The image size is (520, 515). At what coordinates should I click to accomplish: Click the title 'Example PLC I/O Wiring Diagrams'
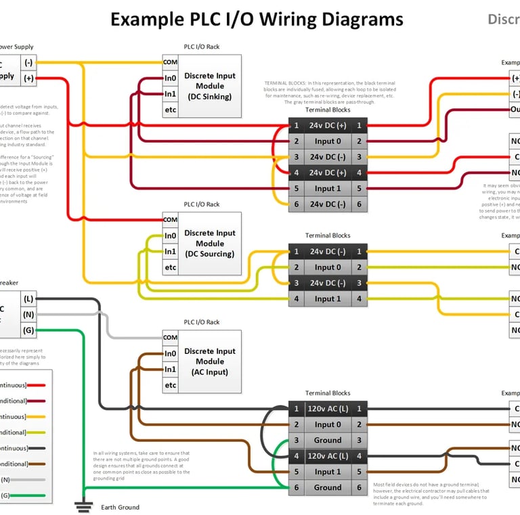point(257,19)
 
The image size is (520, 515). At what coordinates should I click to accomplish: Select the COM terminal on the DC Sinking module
point(170,62)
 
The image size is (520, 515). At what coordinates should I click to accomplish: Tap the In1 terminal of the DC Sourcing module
point(170,251)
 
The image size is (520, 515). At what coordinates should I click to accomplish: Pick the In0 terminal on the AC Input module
point(170,353)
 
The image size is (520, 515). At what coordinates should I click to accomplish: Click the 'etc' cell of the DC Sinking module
point(170,110)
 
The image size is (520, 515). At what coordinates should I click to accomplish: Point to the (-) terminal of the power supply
point(28,62)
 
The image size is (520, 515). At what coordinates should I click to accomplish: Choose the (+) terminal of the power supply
point(28,78)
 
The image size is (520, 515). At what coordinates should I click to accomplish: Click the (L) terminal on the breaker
point(28,298)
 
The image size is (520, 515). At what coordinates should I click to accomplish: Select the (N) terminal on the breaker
point(28,314)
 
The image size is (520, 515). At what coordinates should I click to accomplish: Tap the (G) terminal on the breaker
point(28,330)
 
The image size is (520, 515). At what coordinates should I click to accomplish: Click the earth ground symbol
point(84,505)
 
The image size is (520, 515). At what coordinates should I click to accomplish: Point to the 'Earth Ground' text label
point(120,507)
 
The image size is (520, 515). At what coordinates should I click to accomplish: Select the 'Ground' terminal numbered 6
point(328,487)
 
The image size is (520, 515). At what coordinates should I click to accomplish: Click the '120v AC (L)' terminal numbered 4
point(328,456)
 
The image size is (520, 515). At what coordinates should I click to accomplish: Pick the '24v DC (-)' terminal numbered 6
point(328,204)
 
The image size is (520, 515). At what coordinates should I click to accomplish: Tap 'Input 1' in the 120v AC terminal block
point(328,472)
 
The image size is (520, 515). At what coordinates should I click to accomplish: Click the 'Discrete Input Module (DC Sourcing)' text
point(210,243)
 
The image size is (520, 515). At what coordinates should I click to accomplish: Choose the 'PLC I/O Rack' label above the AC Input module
point(202,322)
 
